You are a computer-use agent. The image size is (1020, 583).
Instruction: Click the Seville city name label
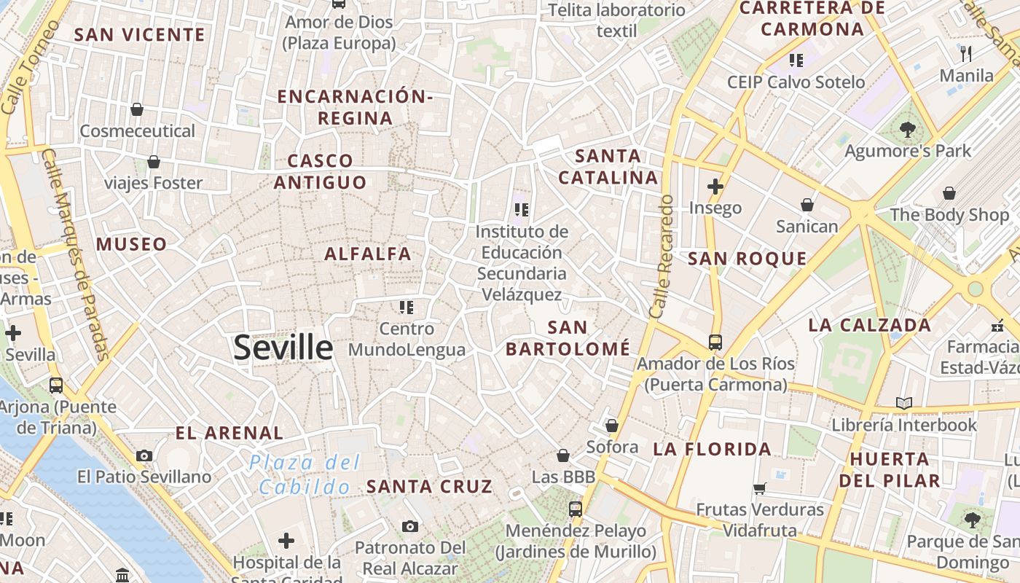pos(283,348)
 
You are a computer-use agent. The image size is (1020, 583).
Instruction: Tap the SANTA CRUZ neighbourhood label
pos(429,486)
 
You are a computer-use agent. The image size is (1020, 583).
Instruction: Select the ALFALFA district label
pos(368,254)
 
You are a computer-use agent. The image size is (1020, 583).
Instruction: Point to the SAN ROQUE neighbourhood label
pos(748,258)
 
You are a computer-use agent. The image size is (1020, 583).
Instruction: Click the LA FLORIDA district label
pos(712,449)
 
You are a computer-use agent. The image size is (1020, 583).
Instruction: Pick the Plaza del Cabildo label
pos(305,474)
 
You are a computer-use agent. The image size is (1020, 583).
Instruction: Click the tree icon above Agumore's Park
pos(907,130)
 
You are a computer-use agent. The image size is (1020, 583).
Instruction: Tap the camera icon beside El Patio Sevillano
pos(144,455)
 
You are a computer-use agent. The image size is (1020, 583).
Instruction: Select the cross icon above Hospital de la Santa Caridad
pos(286,541)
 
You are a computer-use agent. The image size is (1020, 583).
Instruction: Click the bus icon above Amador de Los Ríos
pos(715,342)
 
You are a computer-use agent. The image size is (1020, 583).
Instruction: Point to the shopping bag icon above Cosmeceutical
pos(136,109)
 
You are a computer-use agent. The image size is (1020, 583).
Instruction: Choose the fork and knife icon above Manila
pos(966,53)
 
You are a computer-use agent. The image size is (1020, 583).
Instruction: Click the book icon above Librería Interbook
pos(904,403)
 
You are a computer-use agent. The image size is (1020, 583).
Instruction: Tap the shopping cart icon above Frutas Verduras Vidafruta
pos(760,488)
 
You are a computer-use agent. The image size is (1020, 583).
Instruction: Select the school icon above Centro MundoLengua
pos(406,307)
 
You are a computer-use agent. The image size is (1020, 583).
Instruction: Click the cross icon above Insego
pos(715,186)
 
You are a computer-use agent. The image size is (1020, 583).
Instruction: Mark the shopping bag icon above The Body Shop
pos(949,193)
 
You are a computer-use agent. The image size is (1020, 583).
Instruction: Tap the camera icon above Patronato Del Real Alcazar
pos(409,525)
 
